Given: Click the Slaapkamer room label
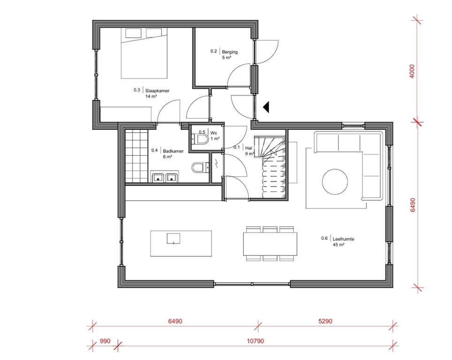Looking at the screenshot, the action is pos(157,90).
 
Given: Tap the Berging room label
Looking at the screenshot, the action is pos(230,52).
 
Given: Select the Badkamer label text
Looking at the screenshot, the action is pos(173,151).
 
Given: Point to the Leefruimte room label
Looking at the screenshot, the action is pos(343,239).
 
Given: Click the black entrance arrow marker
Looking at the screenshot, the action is pos(266,107).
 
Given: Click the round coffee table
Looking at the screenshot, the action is pos(335,182).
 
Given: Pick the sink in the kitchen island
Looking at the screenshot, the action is pos(173,239).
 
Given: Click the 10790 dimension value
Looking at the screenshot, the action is pos(256,341).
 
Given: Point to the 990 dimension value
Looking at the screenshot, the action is pos(105,341).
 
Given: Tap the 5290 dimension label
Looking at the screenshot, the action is pos(325,321).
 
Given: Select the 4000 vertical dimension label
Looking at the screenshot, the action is pos(412,71).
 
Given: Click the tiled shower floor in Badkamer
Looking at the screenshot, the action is pos(136,156).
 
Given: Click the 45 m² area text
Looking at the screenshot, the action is pos(339,245).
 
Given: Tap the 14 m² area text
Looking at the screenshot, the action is pos(151,96).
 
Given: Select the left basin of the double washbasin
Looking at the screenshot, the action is pos(158,178).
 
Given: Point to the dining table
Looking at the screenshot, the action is pos(270,244).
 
